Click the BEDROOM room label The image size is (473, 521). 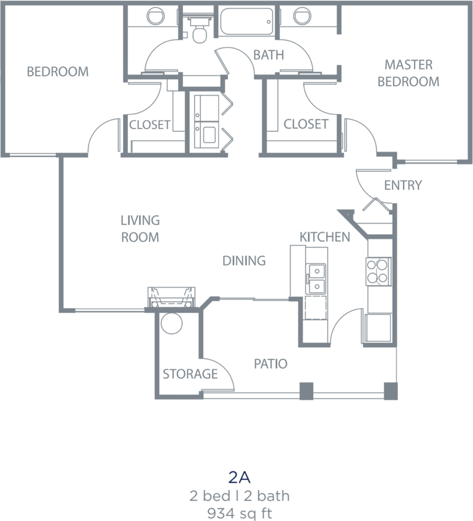[x=57, y=72]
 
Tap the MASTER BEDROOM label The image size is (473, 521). [x=408, y=73]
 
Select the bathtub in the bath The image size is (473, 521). [x=247, y=22]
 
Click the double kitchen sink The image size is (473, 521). [x=315, y=278]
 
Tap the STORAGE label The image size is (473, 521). [x=190, y=374]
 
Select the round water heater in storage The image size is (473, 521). [x=172, y=323]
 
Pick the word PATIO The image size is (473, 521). [x=271, y=364]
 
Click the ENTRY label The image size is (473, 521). [x=402, y=185]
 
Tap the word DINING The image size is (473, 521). [x=244, y=260]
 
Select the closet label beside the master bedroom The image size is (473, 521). [x=306, y=124]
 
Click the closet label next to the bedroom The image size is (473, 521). [x=150, y=125]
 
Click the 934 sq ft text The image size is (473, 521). [x=239, y=511]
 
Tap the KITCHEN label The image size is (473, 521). [x=325, y=237]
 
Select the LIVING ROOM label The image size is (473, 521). [x=140, y=228]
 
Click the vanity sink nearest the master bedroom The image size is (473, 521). [x=301, y=15]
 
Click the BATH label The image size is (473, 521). [x=269, y=55]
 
